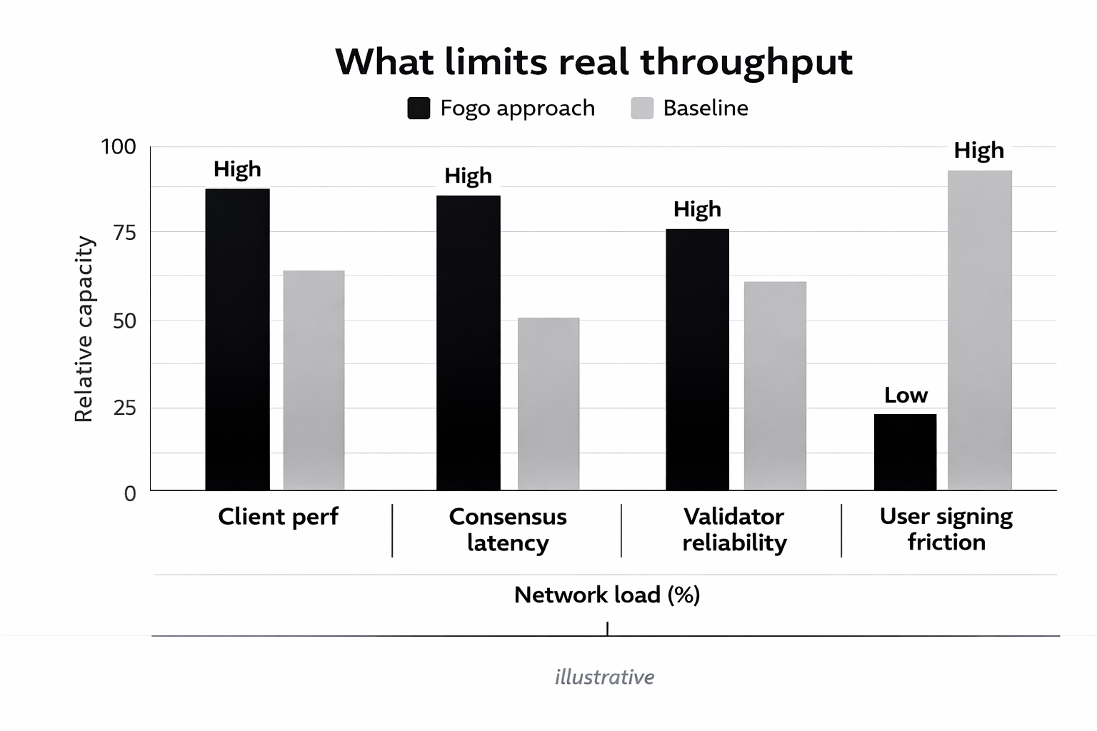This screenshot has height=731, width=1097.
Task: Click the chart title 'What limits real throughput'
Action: (x=593, y=61)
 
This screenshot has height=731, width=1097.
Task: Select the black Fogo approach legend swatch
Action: (x=419, y=108)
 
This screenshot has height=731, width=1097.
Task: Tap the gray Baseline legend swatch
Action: (x=642, y=108)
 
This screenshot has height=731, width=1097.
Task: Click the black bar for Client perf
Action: (x=237, y=339)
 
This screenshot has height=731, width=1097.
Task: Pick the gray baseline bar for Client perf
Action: (x=314, y=380)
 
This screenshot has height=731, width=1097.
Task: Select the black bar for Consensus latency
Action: (x=468, y=343)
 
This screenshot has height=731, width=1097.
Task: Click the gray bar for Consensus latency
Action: (x=548, y=403)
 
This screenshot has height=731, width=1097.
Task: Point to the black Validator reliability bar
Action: (x=697, y=359)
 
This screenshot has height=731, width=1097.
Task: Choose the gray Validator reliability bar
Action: (x=775, y=385)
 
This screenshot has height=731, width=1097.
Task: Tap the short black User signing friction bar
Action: (x=905, y=452)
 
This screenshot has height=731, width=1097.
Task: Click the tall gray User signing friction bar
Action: (x=979, y=330)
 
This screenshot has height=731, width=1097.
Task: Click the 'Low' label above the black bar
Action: (x=906, y=395)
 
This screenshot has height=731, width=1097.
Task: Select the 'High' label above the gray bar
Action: (x=978, y=151)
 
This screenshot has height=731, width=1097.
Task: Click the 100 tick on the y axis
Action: (x=118, y=147)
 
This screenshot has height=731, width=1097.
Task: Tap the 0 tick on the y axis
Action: (x=130, y=493)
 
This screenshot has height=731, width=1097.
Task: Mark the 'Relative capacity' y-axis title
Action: (x=84, y=329)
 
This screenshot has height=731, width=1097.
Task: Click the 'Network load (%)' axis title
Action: (x=606, y=595)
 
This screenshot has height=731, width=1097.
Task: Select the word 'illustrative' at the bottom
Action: (x=604, y=677)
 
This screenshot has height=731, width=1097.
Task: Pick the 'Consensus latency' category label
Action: (x=507, y=529)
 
